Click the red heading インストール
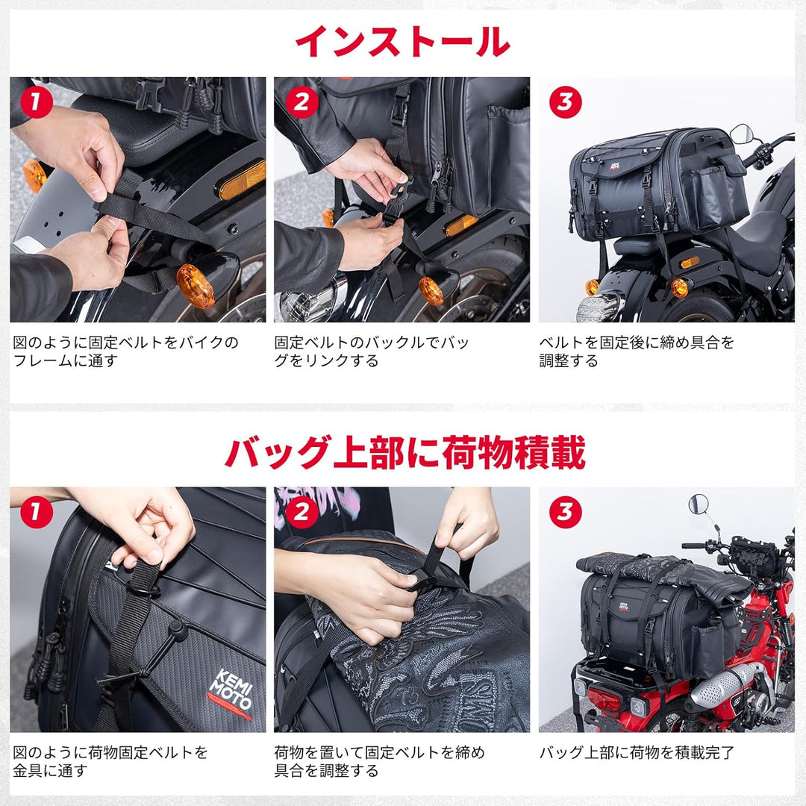click(x=403, y=42)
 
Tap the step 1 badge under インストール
click(x=35, y=102)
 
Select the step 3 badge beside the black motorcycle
click(x=565, y=102)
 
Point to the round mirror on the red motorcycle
click(x=699, y=504)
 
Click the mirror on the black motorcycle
click(x=741, y=134)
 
